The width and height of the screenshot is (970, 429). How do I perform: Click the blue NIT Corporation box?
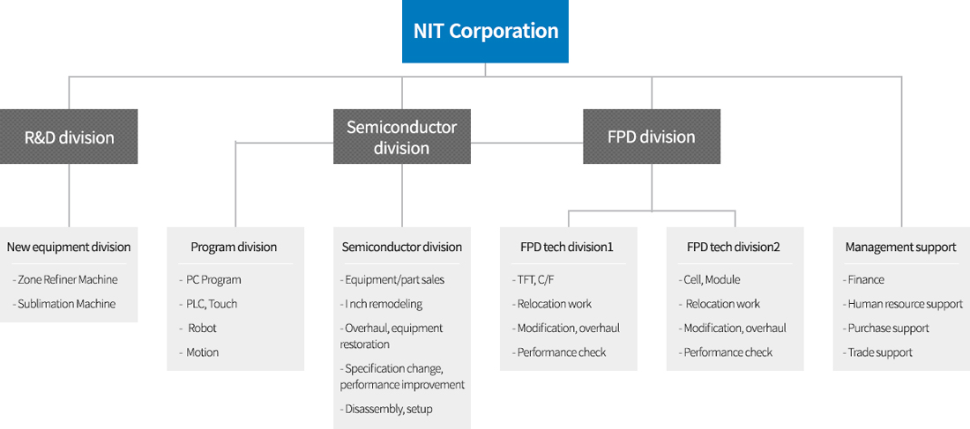pos(485,31)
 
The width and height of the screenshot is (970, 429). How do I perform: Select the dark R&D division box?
pos(69,137)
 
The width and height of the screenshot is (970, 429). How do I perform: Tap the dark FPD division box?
pos(652,137)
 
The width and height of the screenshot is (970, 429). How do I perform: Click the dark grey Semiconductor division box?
pos(401,137)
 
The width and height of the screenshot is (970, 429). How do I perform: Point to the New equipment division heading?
pos(69,248)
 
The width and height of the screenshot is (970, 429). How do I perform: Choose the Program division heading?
pos(234,248)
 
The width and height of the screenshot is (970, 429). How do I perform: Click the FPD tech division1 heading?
pos(567,248)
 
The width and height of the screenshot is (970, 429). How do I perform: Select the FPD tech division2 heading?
pos(734,248)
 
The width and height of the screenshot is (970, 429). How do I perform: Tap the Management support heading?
pos(900,248)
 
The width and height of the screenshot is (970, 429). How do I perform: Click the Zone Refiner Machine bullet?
pos(65,279)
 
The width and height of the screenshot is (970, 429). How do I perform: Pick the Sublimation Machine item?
pos(64,304)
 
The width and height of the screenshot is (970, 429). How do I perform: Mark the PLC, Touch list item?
pos(208,304)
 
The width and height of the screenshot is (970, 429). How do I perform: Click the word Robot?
pos(202,329)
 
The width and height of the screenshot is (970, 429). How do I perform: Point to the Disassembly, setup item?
pos(386,409)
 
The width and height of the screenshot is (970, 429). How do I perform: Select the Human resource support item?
pos(903,304)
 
